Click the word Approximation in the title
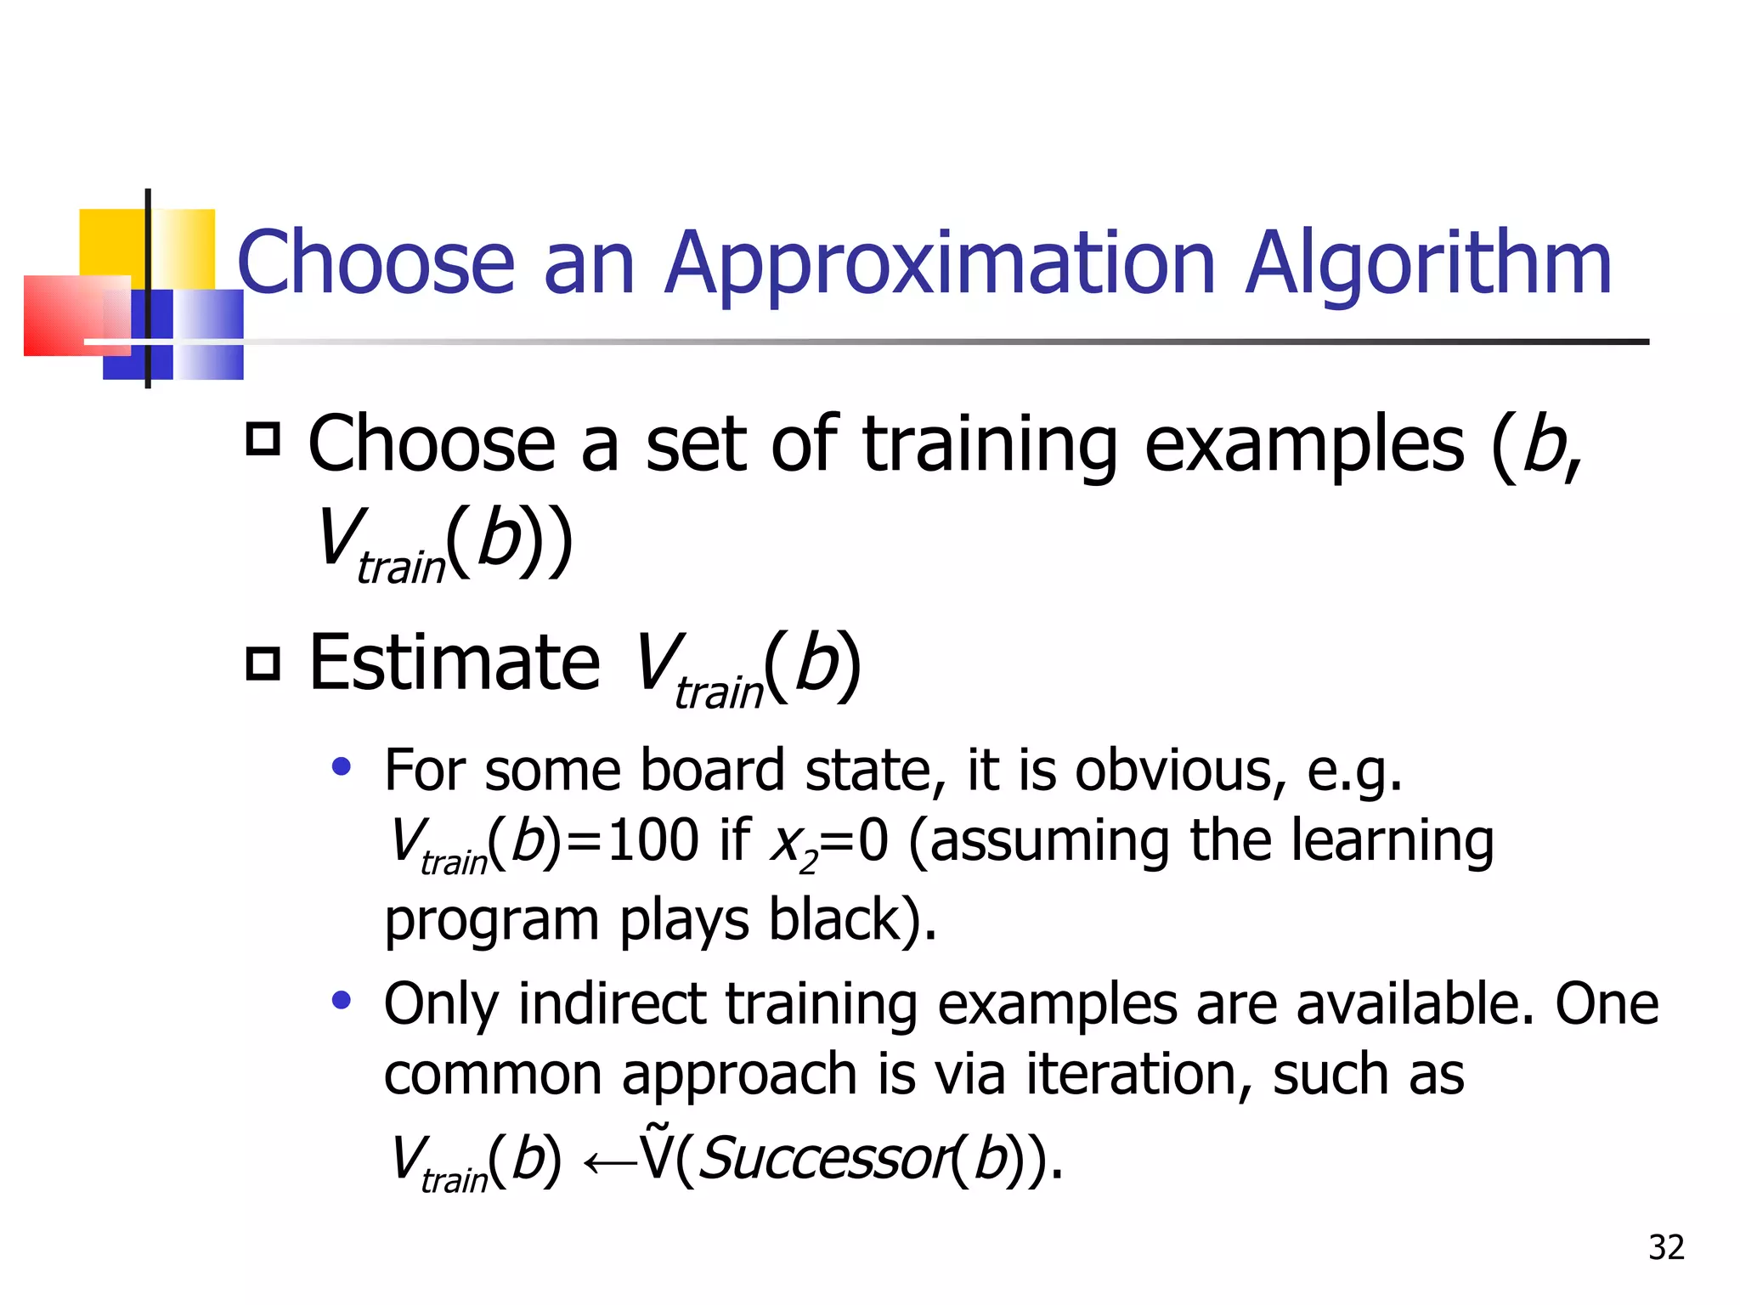[941, 263]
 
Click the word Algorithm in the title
[1427, 263]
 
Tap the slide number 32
[1666, 1247]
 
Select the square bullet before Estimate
[263, 663]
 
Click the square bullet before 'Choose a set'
[263, 439]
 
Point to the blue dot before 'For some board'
[342, 768]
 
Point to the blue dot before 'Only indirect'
[342, 1001]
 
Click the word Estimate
[455, 663]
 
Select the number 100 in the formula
[652, 841]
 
